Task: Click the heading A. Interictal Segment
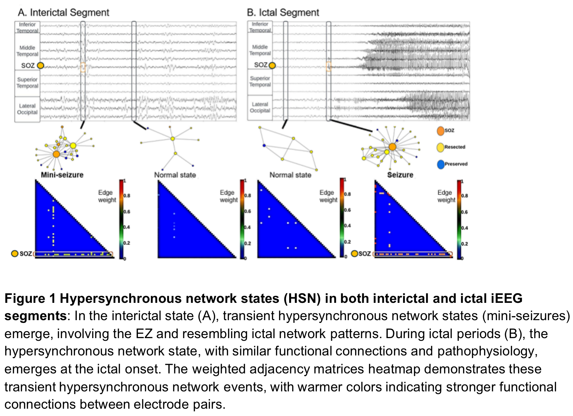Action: pos(63,12)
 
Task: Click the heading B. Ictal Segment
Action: pos(283,12)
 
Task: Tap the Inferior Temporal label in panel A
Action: pos(27,27)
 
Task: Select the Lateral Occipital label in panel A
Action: pos(27,109)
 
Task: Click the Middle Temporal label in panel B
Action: pos(260,50)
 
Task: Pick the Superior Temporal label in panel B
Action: pos(260,82)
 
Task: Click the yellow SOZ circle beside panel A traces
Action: pos(40,66)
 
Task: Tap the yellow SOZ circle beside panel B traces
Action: pos(272,65)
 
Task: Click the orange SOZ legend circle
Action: pos(440,131)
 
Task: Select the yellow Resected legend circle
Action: pos(440,147)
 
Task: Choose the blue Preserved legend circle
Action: pos(441,164)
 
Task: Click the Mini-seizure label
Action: pos(62,175)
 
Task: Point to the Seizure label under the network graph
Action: pos(400,175)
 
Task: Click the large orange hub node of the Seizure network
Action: pos(392,147)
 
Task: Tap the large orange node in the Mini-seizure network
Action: pos(56,154)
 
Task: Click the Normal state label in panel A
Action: pos(175,175)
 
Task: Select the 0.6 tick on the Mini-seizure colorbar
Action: pos(127,212)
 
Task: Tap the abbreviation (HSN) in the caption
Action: pos(302,299)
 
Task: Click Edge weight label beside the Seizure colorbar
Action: pos(446,196)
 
